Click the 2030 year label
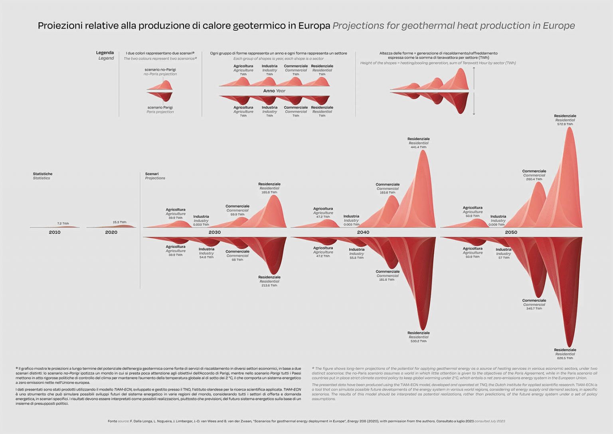point(214,232)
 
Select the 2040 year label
point(363,232)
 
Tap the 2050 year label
point(511,232)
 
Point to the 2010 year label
point(55,232)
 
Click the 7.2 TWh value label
point(63,224)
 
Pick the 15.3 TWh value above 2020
point(119,222)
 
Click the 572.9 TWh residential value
point(565,124)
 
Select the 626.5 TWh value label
point(565,358)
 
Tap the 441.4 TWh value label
point(418,147)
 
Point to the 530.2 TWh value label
point(418,341)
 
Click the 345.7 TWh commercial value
point(534,309)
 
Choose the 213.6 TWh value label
point(269,285)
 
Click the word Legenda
point(105,53)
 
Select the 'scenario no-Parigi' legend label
point(160,69)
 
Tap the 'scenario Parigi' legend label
point(160,107)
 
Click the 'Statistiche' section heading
point(43,174)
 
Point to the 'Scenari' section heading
point(152,174)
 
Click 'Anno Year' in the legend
point(274,91)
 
